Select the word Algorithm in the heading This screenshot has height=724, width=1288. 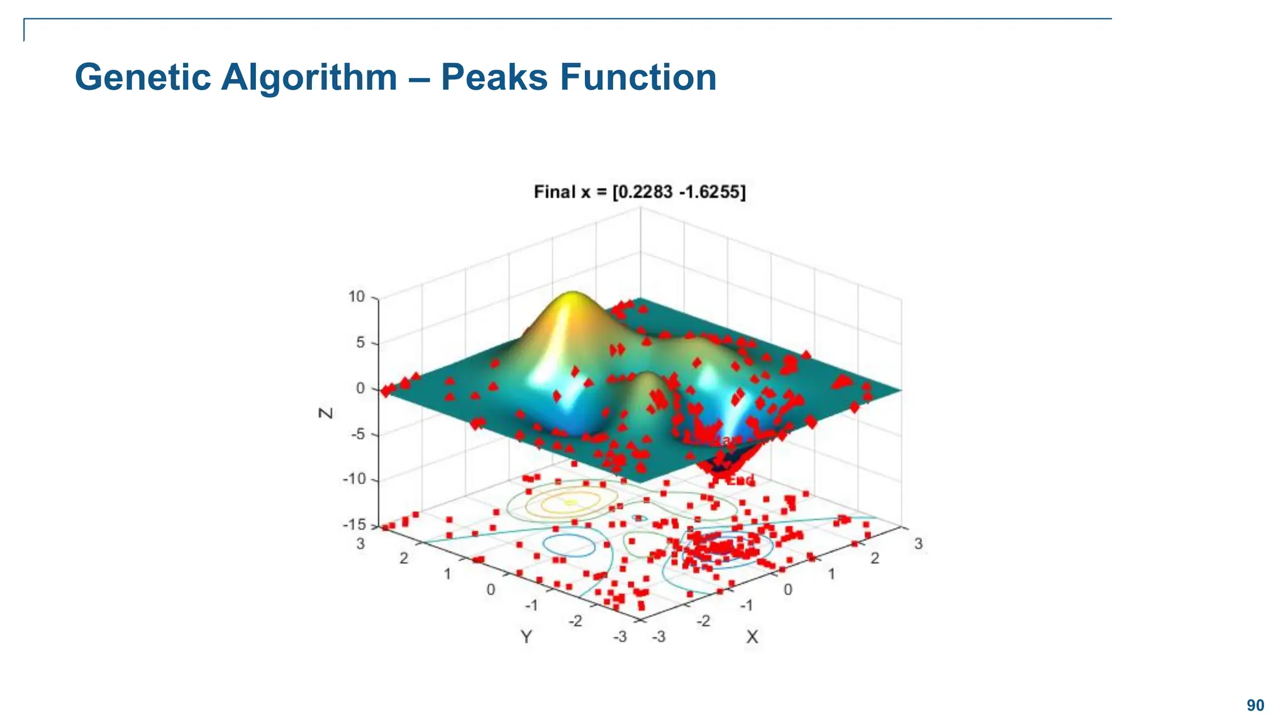(309, 77)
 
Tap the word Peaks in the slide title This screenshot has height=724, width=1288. (494, 77)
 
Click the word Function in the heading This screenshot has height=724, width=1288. (638, 77)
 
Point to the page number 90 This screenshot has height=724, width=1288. (1255, 705)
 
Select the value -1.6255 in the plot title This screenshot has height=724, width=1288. (711, 192)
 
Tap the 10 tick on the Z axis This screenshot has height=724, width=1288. (357, 297)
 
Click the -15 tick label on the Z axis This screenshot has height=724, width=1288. (353, 525)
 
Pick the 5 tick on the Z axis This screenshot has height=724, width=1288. (360, 343)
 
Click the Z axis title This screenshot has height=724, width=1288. (326, 413)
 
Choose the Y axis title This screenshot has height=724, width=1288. (526, 637)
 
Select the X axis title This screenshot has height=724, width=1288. (752, 637)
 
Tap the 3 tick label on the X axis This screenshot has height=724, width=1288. (918, 544)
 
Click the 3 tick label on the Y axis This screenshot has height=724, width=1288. (360, 544)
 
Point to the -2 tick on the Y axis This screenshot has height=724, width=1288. (575, 621)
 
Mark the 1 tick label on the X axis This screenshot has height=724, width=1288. (831, 574)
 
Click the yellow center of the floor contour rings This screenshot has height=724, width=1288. (570, 502)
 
